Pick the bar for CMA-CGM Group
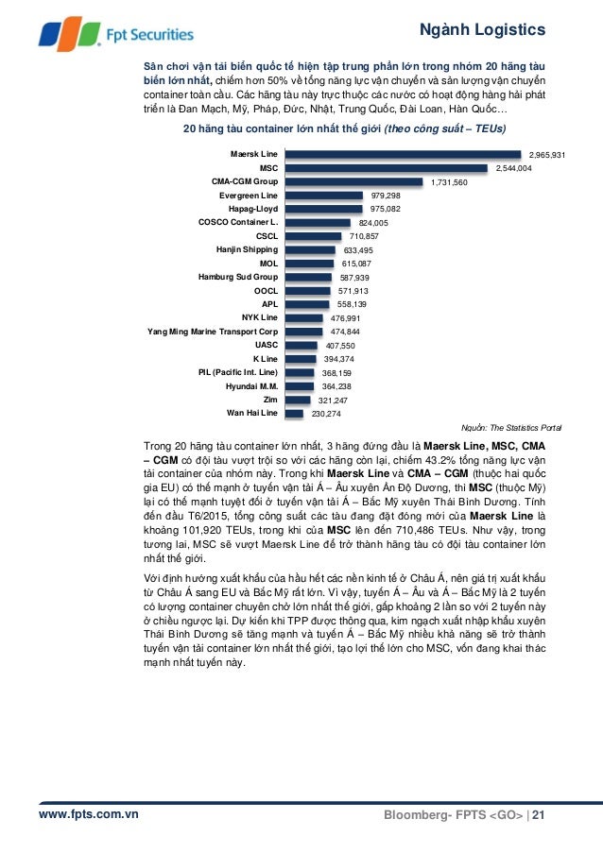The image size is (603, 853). click(354, 181)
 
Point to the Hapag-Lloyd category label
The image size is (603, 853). click(252, 209)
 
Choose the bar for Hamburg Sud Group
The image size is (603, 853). click(308, 277)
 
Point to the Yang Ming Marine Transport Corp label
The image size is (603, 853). click(213, 332)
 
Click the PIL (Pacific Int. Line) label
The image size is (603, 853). click(237, 372)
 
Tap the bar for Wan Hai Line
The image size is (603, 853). click(295, 413)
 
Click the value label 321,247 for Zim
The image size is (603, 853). click(335, 401)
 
